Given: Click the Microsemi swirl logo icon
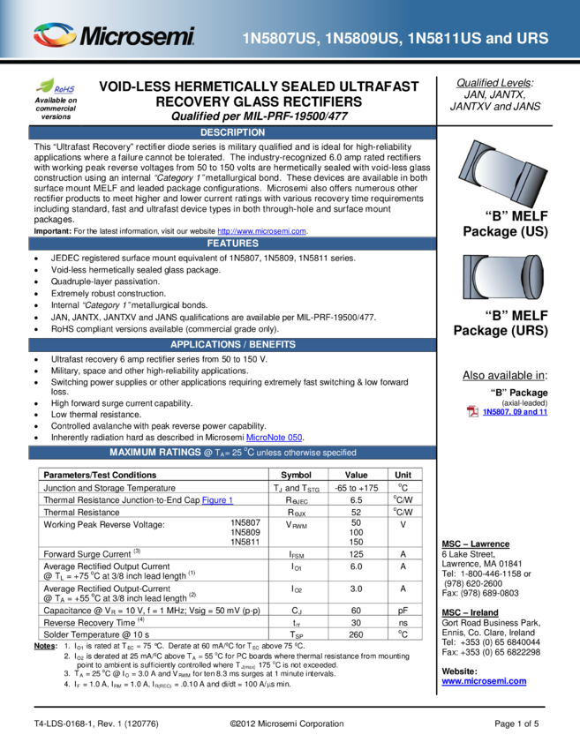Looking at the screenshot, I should [54, 36].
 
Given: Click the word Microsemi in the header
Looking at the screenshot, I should [138, 37].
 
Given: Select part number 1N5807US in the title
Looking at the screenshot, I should [280, 39].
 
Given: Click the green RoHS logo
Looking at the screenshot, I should [56, 86].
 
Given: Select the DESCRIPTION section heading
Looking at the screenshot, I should [232, 132].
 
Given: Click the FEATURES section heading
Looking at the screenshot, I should [232, 244].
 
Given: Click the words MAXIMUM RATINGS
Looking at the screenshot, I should [154, 453].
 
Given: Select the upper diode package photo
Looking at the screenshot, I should [501, 175].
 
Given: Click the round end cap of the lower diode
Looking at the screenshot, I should [533, 277].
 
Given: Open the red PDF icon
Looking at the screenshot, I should [472, 411].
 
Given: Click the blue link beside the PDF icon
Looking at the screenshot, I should [516, 411].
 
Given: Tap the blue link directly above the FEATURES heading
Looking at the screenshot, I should [261, 232].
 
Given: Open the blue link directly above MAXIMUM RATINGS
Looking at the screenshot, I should [274, 438].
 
